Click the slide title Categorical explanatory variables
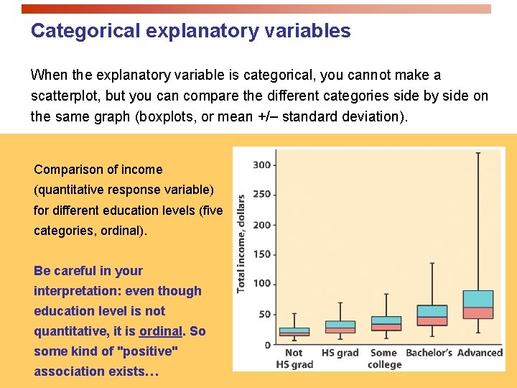(190, 31)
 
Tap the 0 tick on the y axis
(267, 345)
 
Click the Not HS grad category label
(294, 359)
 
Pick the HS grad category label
(340, 353)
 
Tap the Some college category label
(384, 359)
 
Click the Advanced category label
(480, 353)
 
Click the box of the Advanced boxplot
(478, 305)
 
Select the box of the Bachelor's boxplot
(432, 315)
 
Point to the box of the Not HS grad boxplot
(294, 331)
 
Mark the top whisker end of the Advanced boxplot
(478, 152)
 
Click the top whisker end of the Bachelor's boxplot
(432, 263)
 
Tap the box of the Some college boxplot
(386, 323)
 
